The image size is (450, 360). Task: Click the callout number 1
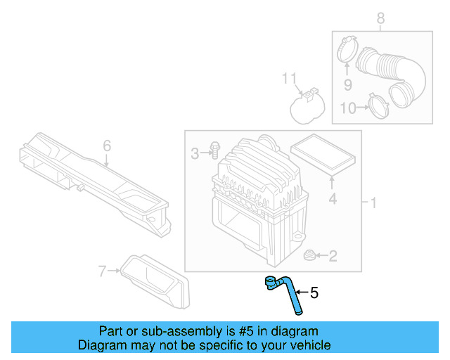click(374, 203)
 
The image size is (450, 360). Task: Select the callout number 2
click(333, 257)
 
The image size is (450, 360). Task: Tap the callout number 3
click(195, 153)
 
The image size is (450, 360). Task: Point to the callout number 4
click(333, 199)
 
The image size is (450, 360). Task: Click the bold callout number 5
click(314, 292)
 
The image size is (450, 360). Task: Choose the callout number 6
click(107, 146)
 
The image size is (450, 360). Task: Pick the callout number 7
click(102, 270)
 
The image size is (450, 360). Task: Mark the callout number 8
click(380, 19)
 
